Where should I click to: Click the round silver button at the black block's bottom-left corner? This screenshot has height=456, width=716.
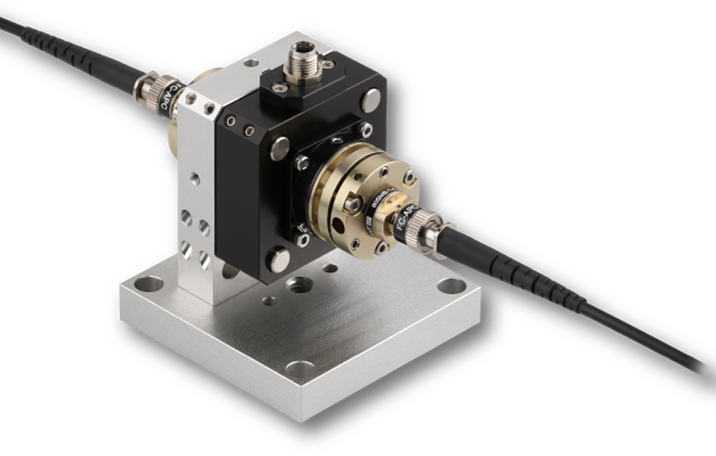tap(278, 261)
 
